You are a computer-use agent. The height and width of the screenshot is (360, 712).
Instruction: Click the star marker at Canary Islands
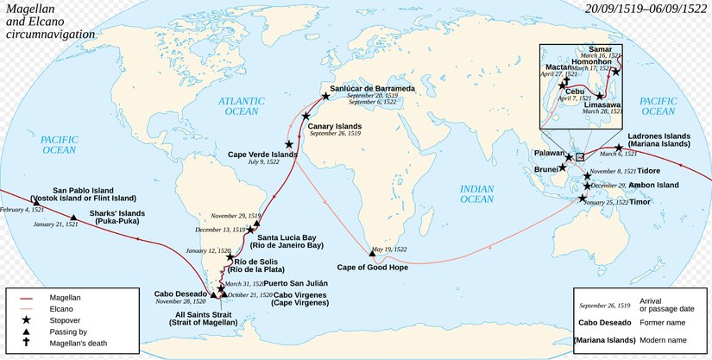point(306,116)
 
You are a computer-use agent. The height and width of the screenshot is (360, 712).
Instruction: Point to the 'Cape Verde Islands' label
point(261,155)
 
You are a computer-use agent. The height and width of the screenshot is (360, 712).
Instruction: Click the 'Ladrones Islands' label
point(658,136)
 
